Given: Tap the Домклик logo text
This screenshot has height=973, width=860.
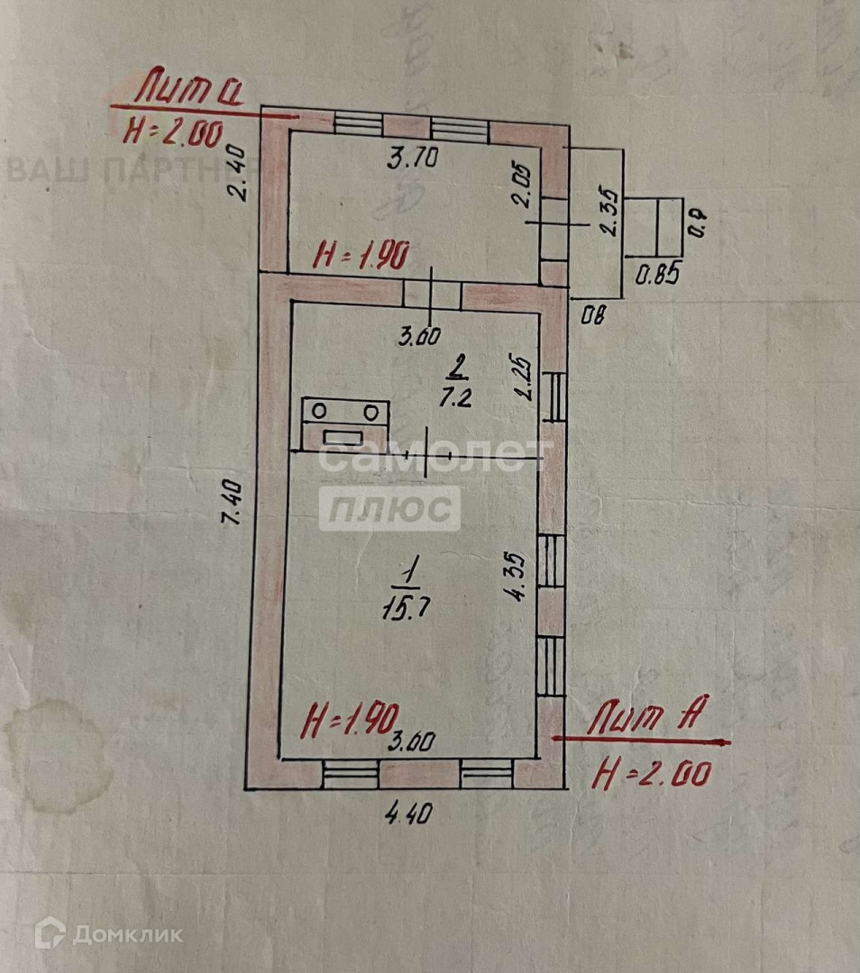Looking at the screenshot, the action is click(x=126, y=934).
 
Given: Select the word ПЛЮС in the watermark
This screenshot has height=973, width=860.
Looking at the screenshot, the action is click(x=389, y=509).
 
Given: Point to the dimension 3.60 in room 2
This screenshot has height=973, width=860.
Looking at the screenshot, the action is click(x=419, y=337).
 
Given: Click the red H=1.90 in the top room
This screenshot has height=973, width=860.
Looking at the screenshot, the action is click(x=361, y=257).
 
